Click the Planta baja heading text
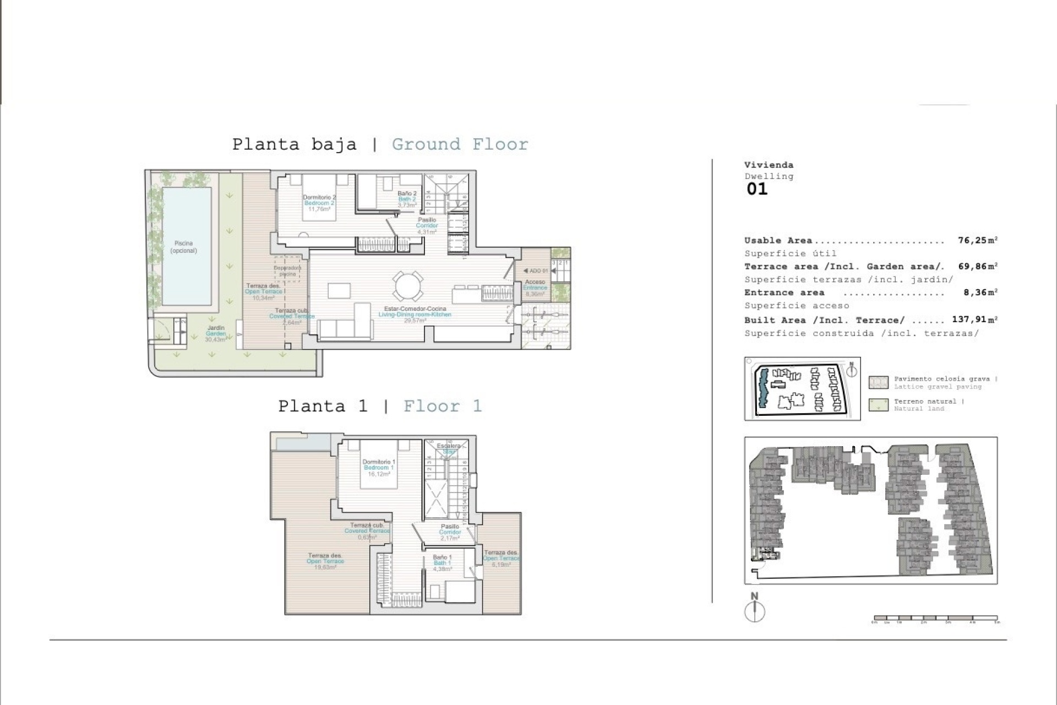pos(294,144)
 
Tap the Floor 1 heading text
pos(443,406)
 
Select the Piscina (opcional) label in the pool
pos(184,247)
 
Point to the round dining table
pos(408,286)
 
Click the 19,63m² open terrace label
pos(325,567)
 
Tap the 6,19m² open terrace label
pos(501,564)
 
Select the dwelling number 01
pos(757,189)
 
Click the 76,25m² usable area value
pos(977,241)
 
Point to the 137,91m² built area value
pos(974,320)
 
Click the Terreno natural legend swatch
pos(878,405)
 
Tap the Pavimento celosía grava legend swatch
pos(878,382)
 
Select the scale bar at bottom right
pos(935,618)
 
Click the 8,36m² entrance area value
pos(980,293)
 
